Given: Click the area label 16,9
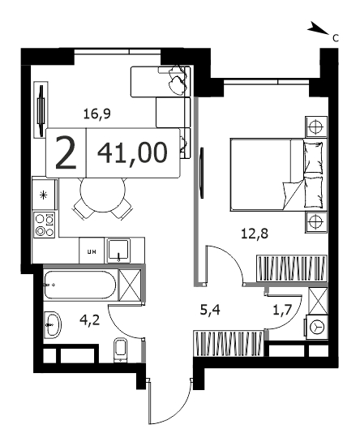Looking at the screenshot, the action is point(97,114).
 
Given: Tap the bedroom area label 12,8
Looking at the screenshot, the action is point(255,234).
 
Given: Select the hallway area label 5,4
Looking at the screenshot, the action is point(210,310).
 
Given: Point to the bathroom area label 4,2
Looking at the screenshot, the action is point(90,320).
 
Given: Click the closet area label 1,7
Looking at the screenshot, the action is point(282,310).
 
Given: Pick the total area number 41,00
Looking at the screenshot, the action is point(132,152).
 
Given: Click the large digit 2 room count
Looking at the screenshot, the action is point(66,152).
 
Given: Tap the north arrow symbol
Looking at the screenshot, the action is point(318,28).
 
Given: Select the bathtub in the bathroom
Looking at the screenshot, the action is point(80,285).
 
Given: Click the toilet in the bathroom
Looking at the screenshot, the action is point(121,350).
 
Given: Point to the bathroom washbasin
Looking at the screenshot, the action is point(53,325).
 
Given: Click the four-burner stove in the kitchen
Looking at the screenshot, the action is point(45,225).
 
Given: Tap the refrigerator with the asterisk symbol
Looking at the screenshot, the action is point(44,195).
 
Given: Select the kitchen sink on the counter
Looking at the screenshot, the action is point(118,251).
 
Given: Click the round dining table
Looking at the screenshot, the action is point(103,195).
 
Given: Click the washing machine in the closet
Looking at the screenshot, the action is point(316,327).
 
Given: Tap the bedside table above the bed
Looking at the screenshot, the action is point(315,127).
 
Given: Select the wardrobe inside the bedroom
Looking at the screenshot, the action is point(291,268).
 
